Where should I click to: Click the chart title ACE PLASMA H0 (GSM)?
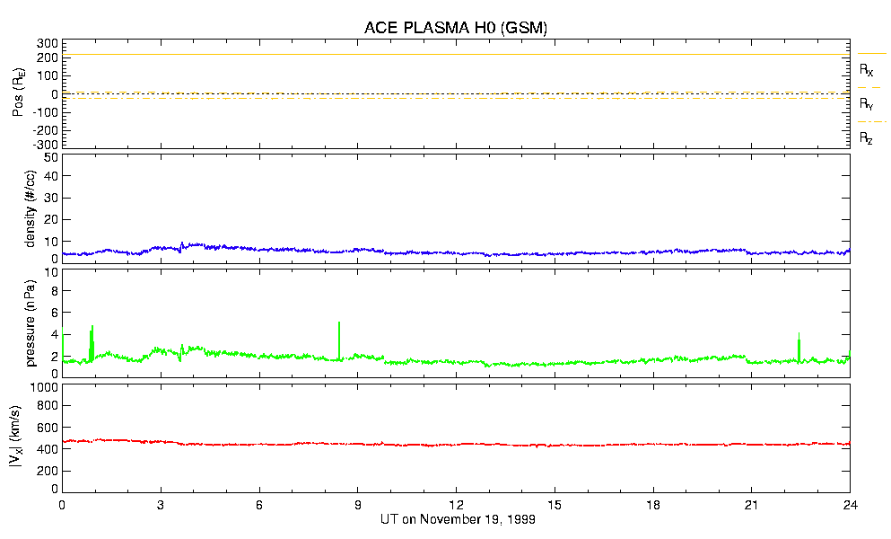coord(456,28)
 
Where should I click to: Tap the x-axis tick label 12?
coord(456,506)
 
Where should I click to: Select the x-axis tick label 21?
coord(751,506)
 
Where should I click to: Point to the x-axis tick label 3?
coord(161,506)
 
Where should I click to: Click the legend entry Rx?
coord(867,69)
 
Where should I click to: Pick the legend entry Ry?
coord(867,104)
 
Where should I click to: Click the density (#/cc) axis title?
coord(31,208)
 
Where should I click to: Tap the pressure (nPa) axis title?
coord(31,320)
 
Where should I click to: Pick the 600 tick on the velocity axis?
coord(48,428)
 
